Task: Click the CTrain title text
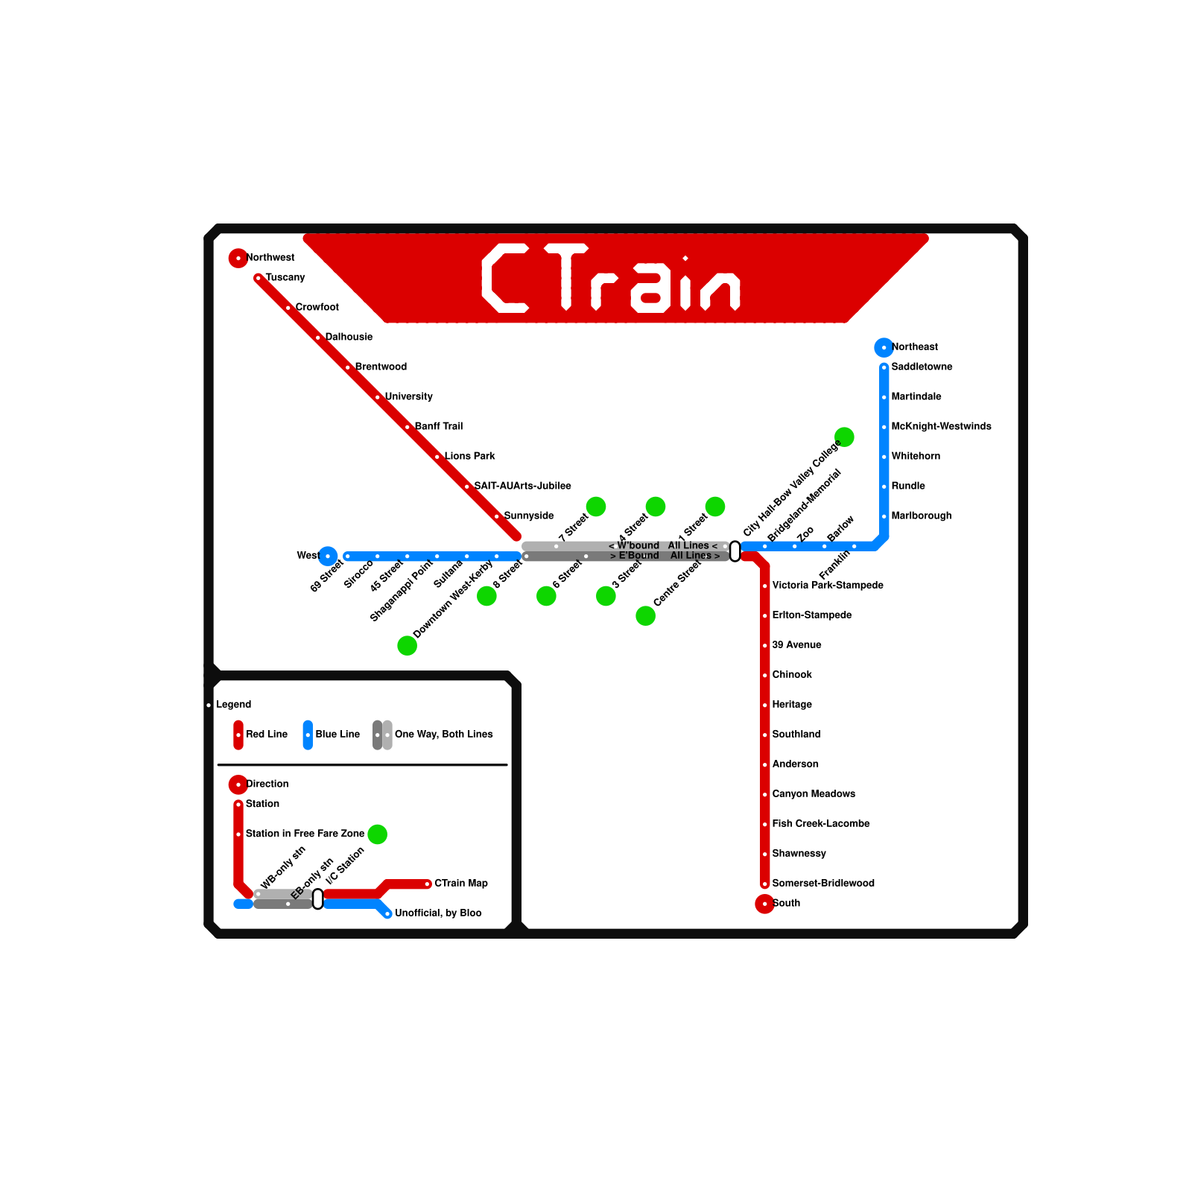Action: coord(611,278)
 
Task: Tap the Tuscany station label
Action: coord(285,278)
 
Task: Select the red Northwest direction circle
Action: coord(238,258)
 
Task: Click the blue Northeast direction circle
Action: coord(884,347)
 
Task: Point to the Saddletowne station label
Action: coord(922,367)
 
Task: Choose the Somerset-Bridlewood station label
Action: coord(823,884)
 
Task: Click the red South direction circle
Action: coord(764,904)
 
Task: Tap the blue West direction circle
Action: coord(328,556)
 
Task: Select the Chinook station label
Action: coord(792,675)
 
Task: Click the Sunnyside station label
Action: coord(529,516)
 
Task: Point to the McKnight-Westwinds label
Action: coord(941,427)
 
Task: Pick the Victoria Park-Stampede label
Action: coord(828,586)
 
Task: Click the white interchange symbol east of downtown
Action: coord(735,551)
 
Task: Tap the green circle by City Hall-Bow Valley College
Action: coord(844,437)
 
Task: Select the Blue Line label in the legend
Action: coord(337,735)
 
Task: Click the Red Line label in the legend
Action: coord(267,735)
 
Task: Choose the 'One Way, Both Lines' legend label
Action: coord(443,735)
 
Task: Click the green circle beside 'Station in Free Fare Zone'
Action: coord(378,834)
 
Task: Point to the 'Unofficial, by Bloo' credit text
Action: coord(438,913)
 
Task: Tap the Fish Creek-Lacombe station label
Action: coord(821,824)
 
